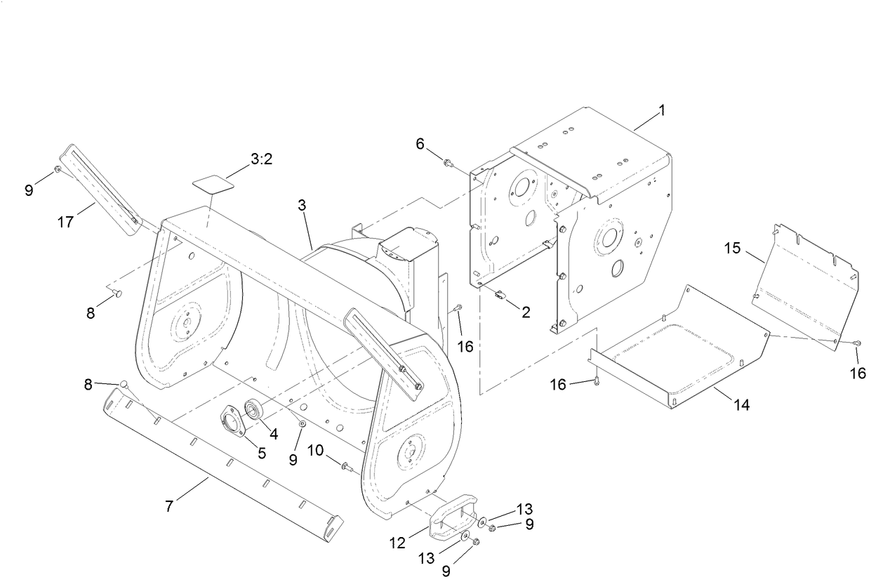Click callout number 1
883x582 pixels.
tap(661, 110)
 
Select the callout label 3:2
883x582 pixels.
tap(261, 159)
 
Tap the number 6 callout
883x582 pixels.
tap(420, 143)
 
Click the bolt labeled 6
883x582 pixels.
tap(446, 164)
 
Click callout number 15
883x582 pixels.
tap(732, 249)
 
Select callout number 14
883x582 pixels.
tap(741, 404)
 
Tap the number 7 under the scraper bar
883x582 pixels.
tap(169, 505)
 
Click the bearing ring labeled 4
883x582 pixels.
tap(254, 409)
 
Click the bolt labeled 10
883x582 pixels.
tap(345, 465)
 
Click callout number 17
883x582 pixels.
tap(65, 222)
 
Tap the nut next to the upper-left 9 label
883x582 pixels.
tap(58, 169)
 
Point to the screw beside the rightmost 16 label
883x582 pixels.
tap(857, 343)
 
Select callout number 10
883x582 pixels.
tap(314, 450)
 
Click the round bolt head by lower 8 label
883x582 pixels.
tap(123, 384)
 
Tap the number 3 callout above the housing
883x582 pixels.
tap(302, 206)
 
